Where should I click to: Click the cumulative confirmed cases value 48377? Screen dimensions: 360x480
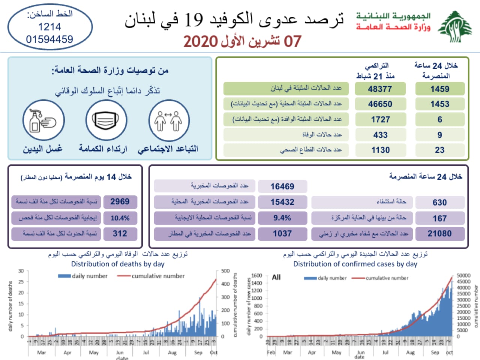click(380, 89)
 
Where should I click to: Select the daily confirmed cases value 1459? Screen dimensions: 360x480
click(439, 89)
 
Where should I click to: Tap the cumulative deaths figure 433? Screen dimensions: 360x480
click(380, 135)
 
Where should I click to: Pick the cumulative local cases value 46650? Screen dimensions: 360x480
click(380, 104)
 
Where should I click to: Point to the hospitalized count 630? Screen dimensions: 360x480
click(439, 202)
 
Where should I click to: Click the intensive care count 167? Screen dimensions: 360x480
click(439, 218)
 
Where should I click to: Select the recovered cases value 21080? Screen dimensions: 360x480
click(439, 234)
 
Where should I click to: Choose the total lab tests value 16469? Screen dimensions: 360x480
click(282, 186)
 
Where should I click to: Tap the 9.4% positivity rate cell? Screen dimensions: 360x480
click(282, 218)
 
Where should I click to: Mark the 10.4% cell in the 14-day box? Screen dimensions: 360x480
click(120, 218)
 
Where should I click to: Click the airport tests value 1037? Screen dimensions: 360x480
click(282, 234)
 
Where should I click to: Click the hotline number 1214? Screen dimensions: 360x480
click(49, 27)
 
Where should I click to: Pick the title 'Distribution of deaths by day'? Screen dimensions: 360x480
click(118, 264)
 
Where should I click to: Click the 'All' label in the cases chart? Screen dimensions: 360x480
click(276, 277)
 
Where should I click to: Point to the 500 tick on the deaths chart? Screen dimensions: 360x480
click(225, 271)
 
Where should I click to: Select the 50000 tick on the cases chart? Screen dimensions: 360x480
click(463, 276)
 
